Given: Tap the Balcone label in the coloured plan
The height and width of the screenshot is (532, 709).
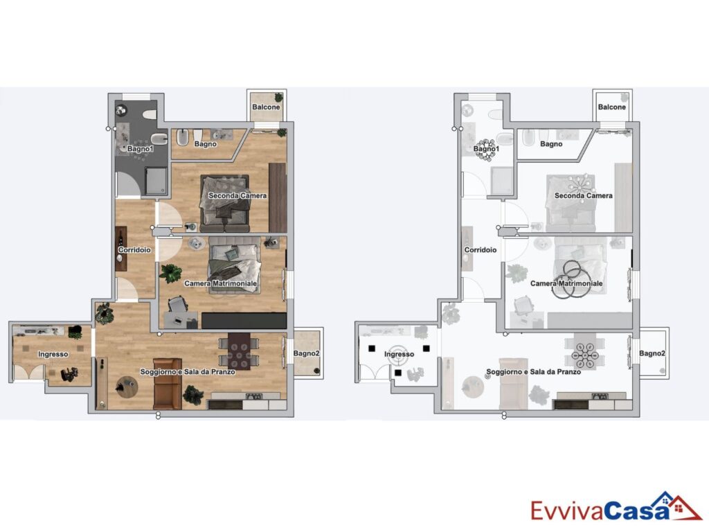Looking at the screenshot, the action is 266,107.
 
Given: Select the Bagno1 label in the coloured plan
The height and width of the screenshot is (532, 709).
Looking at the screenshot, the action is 140,148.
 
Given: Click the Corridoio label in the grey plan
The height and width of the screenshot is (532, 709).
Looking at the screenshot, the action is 481,249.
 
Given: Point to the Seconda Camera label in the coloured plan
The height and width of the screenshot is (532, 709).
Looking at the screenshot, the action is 237,195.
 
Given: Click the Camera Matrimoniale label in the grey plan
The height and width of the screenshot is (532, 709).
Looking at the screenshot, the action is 566,283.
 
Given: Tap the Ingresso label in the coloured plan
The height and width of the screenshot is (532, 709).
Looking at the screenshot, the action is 53,354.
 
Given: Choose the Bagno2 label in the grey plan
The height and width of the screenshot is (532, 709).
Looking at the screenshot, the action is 652,353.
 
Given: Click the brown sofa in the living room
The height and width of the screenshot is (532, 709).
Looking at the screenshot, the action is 168,383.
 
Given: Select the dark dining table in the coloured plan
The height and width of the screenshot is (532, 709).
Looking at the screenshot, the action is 239,351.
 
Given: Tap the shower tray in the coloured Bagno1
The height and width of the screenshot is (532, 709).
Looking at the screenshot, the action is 156,181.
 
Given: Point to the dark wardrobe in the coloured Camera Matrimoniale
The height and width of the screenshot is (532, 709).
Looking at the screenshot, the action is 244,321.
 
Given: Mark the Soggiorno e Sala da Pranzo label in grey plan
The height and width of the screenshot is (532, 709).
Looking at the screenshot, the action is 534,372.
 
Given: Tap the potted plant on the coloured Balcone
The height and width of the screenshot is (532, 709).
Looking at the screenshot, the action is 278,97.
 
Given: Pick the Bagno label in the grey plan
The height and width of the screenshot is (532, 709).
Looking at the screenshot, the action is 551,144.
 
